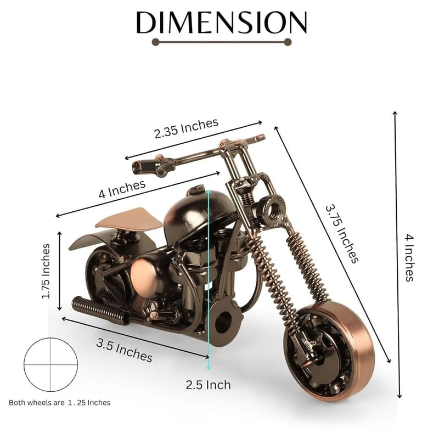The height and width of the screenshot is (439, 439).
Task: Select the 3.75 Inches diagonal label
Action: point(342,233)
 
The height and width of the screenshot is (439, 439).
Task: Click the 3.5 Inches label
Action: point(124,350)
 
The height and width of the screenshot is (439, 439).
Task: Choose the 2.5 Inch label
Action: point(208,384)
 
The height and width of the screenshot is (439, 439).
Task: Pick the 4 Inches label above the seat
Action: point(122,189)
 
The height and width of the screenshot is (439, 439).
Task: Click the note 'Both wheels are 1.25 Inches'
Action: point(59,403)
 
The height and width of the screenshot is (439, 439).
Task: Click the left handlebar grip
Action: point(142,164)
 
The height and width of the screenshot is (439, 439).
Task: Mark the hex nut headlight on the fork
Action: point(271,207)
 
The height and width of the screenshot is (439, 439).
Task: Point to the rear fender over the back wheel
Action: point(91,239)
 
